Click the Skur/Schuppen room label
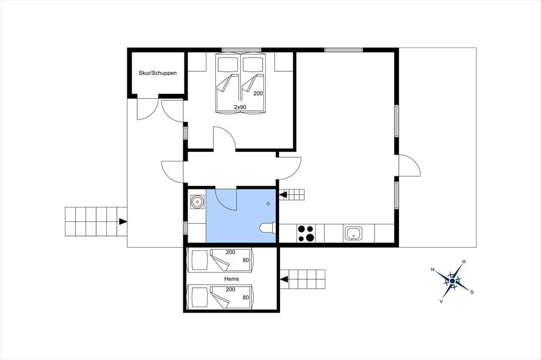tap(157, 73)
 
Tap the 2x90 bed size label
tap(240, 107)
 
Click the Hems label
tap(231, 279)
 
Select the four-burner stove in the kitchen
tap(306, 233)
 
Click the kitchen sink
tap(352, 233)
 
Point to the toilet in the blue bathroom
tap(268, 228)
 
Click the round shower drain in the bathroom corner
tap(197, 202)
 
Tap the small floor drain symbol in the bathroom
tap(268, 204)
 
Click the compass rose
tap(452, 281)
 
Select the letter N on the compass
tap(432, 270)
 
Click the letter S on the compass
tap(472, 292)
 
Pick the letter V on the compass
tap(441, 301)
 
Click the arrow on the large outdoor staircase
tap(123, 221)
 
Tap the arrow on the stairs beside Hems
tap(284, 279)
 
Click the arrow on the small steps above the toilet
tap(283, 195)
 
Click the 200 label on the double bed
tap(258, 93)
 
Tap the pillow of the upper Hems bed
tap(199, 260)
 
